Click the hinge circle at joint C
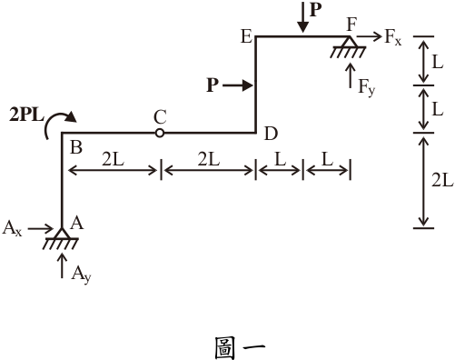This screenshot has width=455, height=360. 160,133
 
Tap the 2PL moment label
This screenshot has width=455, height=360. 26,115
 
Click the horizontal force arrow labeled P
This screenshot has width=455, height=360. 238,85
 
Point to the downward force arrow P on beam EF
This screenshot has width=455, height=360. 302,16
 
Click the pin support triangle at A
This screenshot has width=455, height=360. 62,233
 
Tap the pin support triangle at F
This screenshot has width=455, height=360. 350,41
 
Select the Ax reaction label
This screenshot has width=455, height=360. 12,228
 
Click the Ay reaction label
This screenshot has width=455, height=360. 81,275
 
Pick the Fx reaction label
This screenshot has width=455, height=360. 393,38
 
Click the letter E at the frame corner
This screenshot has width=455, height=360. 246,36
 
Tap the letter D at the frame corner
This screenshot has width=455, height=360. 271,134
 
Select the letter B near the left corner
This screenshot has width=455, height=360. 76,148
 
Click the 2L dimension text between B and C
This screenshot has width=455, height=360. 113,159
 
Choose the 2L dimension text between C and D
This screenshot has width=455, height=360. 209,159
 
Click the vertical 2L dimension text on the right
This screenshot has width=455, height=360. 442,181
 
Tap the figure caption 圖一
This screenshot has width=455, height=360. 240,348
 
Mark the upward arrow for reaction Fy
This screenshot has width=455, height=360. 351,75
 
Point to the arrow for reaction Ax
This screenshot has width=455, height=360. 41,228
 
